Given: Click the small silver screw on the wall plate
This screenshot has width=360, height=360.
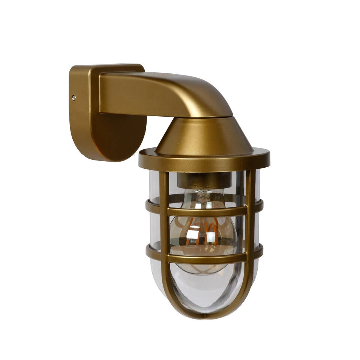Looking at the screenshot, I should [74, 98].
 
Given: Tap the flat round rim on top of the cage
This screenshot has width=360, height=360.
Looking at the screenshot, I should [204, 160].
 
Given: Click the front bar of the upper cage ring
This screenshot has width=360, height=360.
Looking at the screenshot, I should [206, 211].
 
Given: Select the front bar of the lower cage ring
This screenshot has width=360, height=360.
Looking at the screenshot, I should [206, 258].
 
